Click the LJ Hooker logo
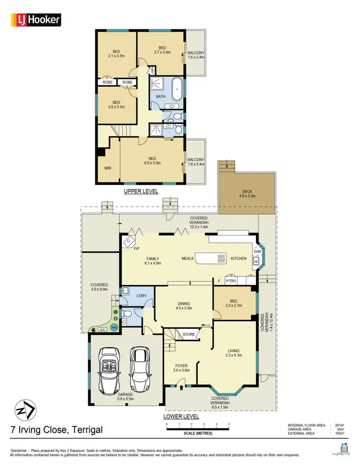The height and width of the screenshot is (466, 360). coord(36,20)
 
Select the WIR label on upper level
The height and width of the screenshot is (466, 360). coord(108,168)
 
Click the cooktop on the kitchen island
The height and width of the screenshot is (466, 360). coord(221,258)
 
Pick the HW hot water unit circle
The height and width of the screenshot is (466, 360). coord(114,327)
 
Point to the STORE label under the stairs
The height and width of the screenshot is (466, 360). coord(188,335)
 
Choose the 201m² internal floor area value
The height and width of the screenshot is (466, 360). coord(337,425)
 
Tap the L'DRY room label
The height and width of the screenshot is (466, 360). coord(141,295)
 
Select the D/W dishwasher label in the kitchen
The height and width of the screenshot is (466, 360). coord(257,251)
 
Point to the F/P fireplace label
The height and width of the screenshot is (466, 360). coord(137,249)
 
